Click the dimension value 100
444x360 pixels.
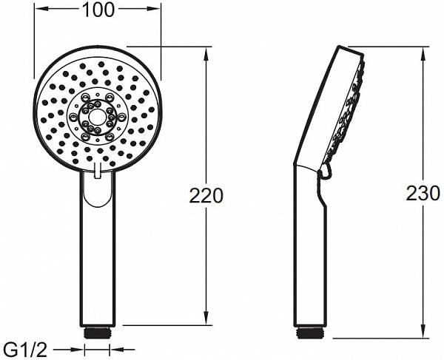point(97,10)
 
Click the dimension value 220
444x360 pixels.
point(206,196)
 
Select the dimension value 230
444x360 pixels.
point(423,194)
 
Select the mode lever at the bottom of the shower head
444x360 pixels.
point(98,171)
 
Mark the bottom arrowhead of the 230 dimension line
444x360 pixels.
point(423,334)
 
